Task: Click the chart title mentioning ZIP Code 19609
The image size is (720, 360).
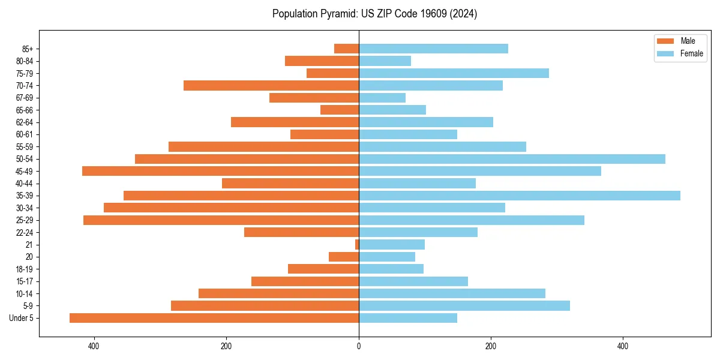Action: [374, 14]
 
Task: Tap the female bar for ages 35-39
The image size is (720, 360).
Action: [519, 196]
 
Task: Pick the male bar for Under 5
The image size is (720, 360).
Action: [214, 318]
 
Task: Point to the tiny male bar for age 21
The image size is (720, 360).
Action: [357, 245]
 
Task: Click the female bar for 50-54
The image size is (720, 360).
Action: [512, 159]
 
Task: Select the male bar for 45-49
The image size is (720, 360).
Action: [220, 171]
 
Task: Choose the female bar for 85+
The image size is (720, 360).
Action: [433, 49]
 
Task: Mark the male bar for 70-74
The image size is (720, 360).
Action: [271, 86]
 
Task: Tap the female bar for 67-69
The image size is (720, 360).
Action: [382, 98]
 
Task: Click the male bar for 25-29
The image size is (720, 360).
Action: [221, 220]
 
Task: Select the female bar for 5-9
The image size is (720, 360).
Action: [464, 306]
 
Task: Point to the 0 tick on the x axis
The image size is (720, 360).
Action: [359, 346]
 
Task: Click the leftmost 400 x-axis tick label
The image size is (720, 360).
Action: [94, 346]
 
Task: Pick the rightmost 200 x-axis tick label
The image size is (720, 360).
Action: [491, 346]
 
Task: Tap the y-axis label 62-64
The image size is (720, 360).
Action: [25, 122]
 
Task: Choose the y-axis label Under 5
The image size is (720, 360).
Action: [22, 318]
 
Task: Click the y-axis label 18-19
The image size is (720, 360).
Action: [25, 269]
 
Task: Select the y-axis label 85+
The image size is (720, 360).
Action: [27, 49]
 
